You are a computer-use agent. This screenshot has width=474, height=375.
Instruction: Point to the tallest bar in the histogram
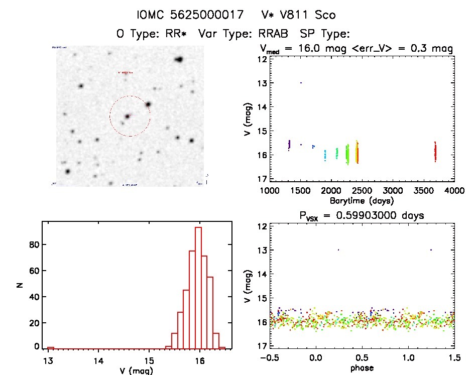[x=198, y=288]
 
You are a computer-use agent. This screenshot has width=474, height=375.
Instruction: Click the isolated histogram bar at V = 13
[x=50, y=347]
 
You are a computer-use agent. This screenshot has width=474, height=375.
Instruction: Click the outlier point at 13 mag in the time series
[x=301, y=82]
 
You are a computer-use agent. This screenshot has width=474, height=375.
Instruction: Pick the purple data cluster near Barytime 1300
[x=289, y=145]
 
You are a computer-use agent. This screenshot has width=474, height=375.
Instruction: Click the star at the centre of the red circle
[x=128, y=116]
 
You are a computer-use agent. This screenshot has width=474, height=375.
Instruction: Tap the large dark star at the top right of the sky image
[x=179, y=60]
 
